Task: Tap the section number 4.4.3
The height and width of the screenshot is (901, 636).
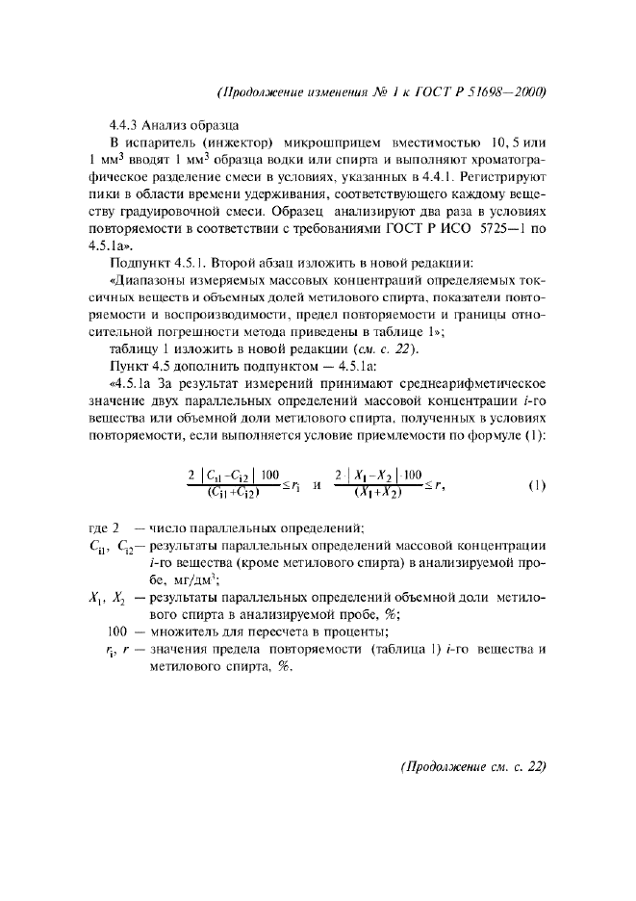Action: [126, 125]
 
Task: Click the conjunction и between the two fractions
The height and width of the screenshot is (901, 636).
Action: [316, 486]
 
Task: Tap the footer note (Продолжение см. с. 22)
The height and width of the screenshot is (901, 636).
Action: [472, 767]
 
